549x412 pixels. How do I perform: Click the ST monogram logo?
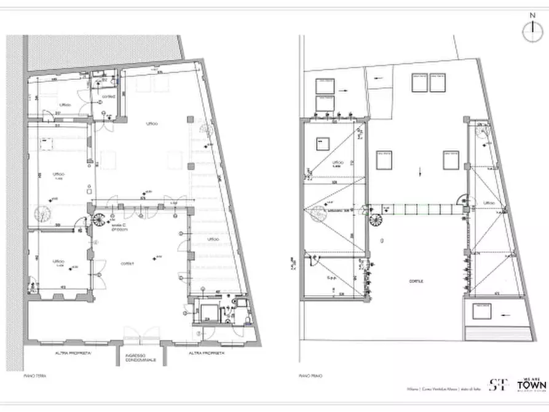(x=498, y=385)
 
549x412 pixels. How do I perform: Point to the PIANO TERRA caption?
(x=44, y=375)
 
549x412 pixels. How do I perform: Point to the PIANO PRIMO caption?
(x=310, y=375)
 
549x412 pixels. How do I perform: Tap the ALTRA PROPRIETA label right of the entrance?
(x=207, y=354)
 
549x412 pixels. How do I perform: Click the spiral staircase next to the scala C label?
(x=99, y=219)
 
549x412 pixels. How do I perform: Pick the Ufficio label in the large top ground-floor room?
(x=151, y=124)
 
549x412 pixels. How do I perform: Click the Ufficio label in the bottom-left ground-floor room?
(x=58, y=261)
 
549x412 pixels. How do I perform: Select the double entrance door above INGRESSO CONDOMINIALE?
(x=141, y=336)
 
